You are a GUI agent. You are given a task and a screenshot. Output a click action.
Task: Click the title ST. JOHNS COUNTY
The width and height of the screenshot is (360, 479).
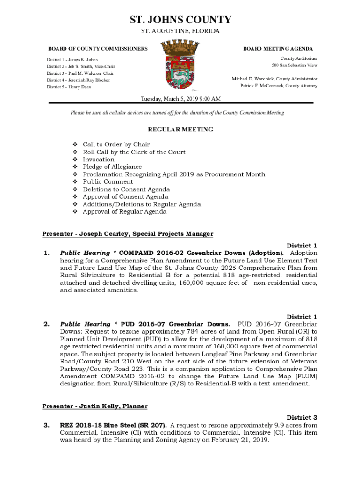point(180,20)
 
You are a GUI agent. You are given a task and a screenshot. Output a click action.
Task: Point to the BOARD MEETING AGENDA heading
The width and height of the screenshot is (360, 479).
point(278,49)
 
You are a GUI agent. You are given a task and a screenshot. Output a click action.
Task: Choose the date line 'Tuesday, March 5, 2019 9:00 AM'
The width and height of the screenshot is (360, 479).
point(181,99)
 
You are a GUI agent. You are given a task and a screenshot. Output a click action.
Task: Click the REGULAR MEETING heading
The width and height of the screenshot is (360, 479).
point(180,130)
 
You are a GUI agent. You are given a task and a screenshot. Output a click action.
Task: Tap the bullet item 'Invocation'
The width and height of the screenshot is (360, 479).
point(99,160)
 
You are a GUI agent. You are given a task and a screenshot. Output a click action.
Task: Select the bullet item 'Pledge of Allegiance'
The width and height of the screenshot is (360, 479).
point(112,167)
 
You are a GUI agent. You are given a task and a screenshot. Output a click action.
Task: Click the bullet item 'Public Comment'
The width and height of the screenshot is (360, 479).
point(108,182)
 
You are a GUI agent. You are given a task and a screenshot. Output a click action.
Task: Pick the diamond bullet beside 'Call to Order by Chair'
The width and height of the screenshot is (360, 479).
point(74,145)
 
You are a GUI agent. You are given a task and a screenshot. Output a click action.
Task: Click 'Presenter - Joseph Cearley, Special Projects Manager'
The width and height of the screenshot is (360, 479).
point(128,234)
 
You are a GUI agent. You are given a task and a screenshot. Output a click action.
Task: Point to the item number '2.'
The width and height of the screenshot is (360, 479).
point(46,324)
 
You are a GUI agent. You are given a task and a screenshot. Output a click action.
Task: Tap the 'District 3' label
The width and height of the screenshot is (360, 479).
point(302,417)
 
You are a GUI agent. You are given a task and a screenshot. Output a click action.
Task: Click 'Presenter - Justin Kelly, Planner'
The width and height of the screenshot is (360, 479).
point(95,406)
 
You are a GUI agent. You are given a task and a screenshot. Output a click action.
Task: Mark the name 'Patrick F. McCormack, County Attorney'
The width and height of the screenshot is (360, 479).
point(279,86)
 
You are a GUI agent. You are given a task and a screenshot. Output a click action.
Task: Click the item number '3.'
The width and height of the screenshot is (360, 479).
point(46,425)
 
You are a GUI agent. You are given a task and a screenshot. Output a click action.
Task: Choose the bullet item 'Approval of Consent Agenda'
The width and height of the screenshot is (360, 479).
point(125,197)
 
